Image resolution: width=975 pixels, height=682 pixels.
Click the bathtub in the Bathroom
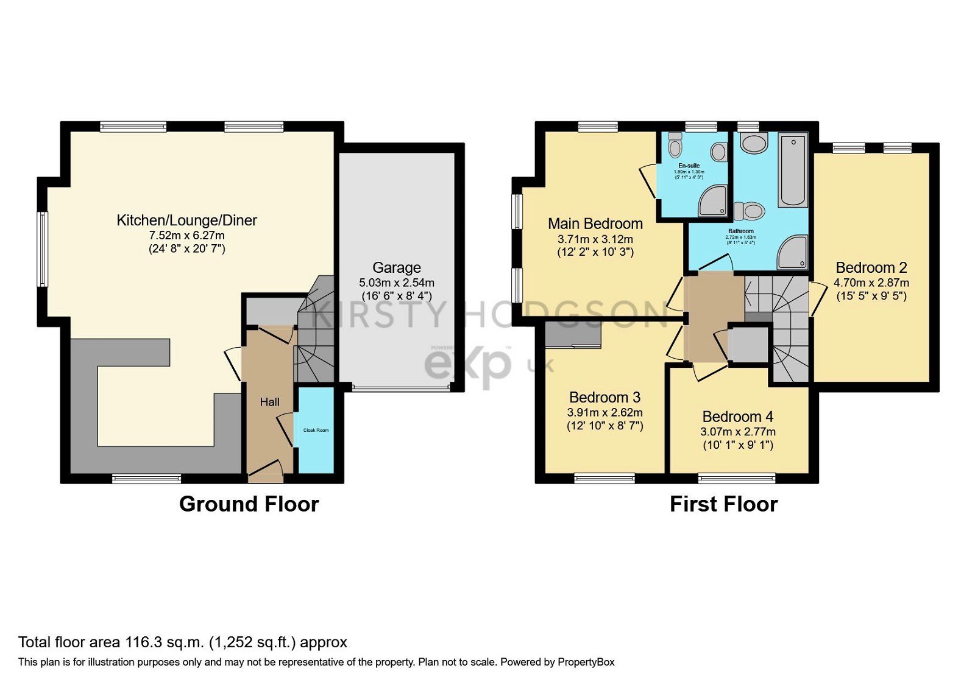[793, 170]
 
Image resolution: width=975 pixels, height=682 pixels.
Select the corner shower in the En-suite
[713, 202]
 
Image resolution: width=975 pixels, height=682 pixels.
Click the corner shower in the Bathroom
[793, 253]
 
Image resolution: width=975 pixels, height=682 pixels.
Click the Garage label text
[397, 267]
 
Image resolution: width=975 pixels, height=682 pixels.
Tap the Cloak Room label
[316, 430]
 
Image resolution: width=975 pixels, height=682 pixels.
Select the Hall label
[269, 402]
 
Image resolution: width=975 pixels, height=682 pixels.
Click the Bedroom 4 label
[737, 417]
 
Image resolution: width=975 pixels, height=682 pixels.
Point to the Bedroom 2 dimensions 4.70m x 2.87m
[871, 283]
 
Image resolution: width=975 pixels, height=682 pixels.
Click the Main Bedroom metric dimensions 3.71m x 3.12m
[595, 239]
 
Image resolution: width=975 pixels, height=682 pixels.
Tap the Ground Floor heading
[249, 504]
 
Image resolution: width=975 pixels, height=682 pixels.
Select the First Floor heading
[723, 504]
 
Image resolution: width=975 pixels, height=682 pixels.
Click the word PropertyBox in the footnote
[586, 662]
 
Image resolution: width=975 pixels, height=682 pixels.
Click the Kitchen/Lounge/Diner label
[186, 220]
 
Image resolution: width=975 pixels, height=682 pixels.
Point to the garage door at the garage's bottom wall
[401, 387]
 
